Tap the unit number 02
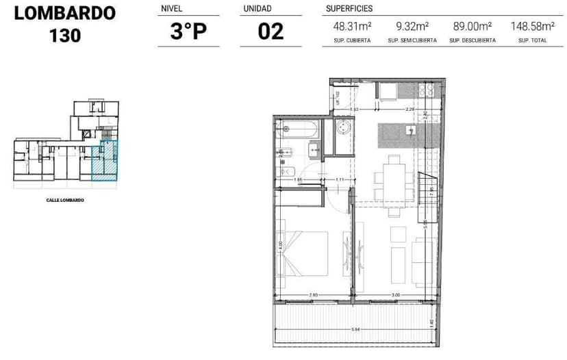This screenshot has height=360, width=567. tap(270, 31)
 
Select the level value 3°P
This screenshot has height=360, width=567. tap(188, 31)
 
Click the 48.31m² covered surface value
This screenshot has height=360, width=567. tap(352, 27)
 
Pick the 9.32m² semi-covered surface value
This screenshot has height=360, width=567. tap(412, 27)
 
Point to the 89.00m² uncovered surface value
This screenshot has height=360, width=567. tap(473, 27)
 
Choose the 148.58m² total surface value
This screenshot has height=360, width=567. tap(533, 27)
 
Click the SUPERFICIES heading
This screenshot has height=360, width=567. tap(349, 9)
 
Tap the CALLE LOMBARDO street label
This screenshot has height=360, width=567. tap(65, 200)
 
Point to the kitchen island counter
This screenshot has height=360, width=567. tap(401, 131)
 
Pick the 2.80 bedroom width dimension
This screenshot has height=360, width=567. tap(313, 295)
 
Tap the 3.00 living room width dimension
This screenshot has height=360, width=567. tap(395, 295)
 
